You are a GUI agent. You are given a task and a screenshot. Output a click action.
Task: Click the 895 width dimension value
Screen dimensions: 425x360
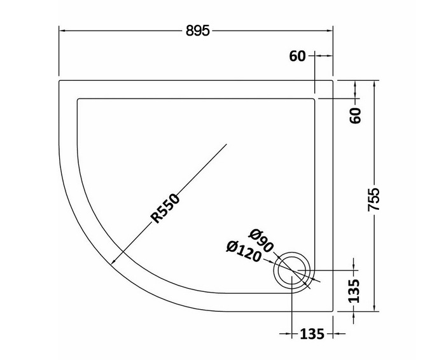pyautogui.click(x=198, y=31)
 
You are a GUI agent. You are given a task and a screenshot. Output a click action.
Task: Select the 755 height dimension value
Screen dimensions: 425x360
pyautogui.click(x=374, y=199)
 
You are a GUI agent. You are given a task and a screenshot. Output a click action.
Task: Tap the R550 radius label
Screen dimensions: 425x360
pyautogui.click(x=165, y=209)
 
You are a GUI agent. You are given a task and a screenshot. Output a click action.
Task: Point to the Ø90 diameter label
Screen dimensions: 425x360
pyautogui.click(x=261, y=240)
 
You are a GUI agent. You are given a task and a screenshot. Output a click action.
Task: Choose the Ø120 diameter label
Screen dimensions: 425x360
pyautogui.click(x=244, y=252)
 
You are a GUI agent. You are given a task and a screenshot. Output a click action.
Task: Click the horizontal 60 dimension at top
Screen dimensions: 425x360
pyautogui.click(x=297, y=56)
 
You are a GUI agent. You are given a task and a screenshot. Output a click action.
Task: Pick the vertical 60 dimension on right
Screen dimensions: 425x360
pyautogui.click(x=356, y=116)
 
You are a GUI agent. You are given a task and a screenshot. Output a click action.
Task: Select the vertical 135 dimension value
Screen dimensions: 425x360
pyautogui.click(x=354, y=291)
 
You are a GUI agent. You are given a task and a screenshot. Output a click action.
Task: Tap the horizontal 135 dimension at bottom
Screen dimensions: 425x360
pyautogui.click(x=312, y=334)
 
